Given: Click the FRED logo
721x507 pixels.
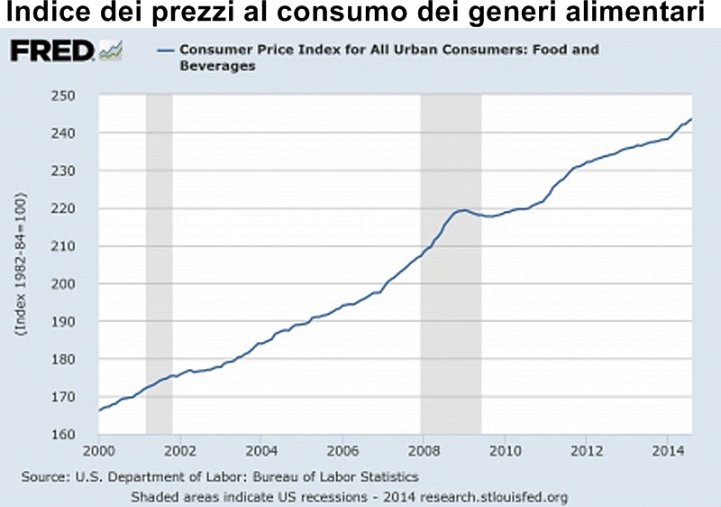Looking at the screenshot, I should (x=51, y=51).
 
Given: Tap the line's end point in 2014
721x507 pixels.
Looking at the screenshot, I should (x=691, y=118).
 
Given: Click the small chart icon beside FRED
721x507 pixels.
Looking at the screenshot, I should (x=113, y=51).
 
